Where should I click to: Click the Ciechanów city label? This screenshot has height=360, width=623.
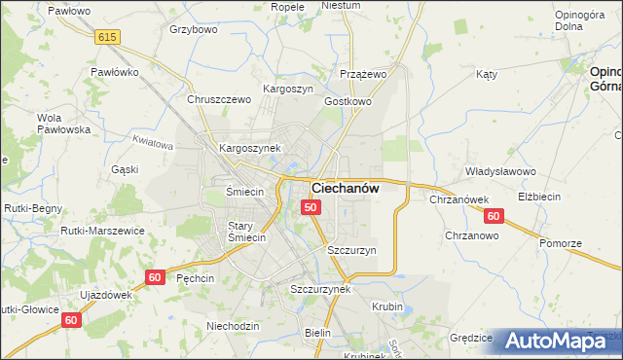pos(345,188)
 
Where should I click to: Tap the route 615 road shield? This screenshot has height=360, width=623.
pos(107,36)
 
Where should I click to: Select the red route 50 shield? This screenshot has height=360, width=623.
pos(311,207)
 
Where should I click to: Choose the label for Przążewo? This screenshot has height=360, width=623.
pos(364,74)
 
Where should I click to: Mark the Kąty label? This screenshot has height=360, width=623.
pos(487,74)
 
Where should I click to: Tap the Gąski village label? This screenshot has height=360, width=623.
pos(125,168)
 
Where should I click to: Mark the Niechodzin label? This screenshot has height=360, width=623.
pos(234,326)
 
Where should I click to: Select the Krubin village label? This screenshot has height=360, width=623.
pos(387,306)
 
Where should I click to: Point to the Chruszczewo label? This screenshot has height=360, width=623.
pos(219,99)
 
